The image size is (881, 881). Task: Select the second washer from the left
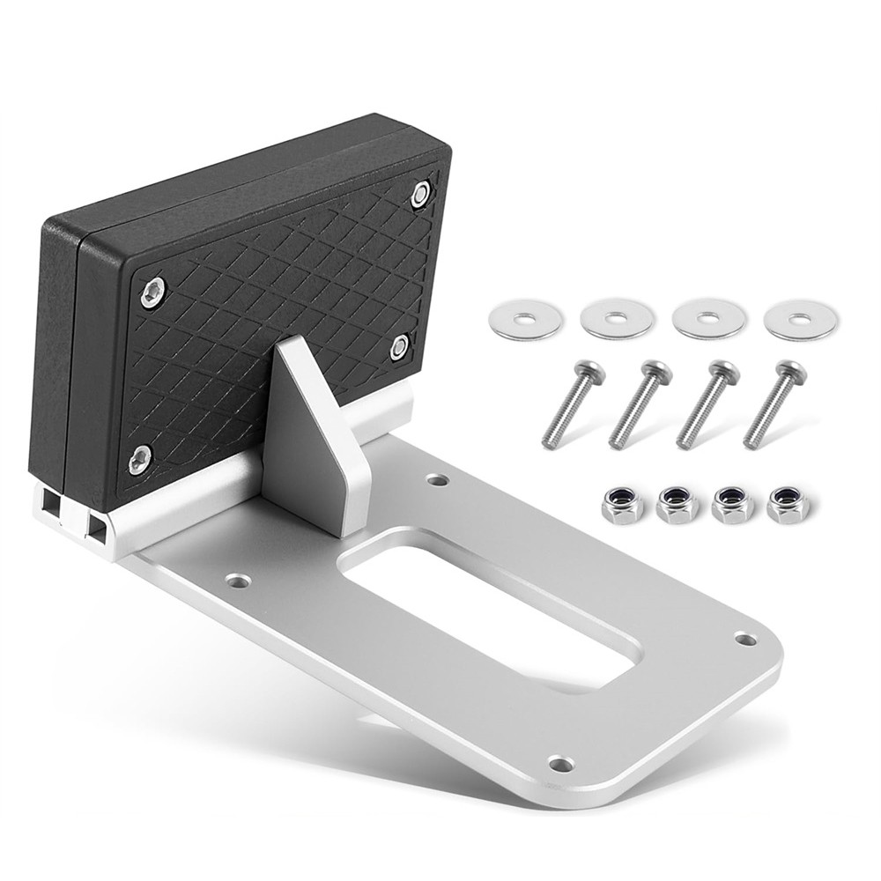coord(617,318)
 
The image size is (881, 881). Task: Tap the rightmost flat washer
coord(801,320)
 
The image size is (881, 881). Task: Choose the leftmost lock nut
coord(622,506)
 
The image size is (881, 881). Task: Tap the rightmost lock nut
coord(788,504)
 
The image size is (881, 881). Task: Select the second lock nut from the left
coord(677,506)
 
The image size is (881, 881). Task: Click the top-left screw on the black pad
coord(152,292)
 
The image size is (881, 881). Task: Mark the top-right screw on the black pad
coord(421,194)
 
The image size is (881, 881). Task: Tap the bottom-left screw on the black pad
coord(139,458)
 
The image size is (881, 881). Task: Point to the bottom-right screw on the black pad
coord(399,346)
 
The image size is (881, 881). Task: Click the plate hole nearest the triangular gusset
coord(437,480)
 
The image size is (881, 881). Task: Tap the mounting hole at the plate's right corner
coord(745,639)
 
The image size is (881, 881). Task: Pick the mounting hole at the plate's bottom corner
coord(559,763)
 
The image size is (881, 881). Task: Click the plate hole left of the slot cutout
coord(238,581)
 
